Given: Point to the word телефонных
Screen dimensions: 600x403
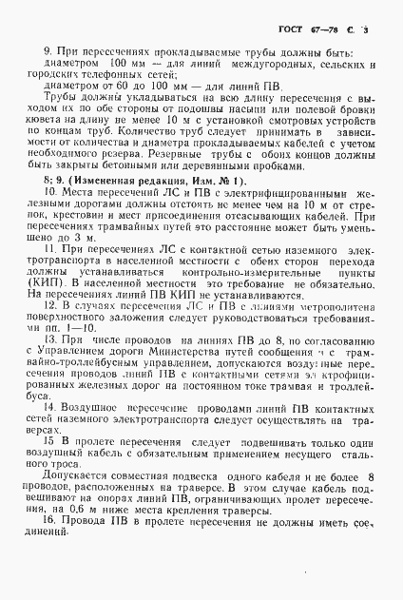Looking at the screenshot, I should pos(105,73).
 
